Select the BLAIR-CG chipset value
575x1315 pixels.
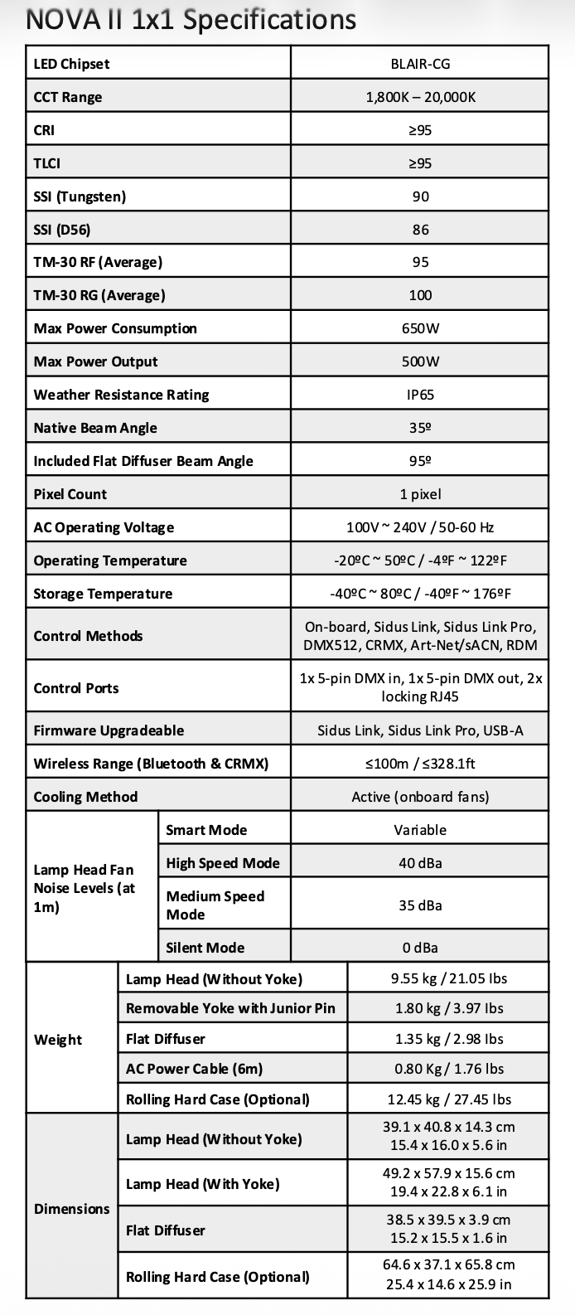click(x=420, y=64)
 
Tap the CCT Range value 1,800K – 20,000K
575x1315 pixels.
click(x=420, y=97)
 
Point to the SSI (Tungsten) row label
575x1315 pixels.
click(x=80, y=197)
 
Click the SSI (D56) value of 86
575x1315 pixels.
click(x=420, y=230)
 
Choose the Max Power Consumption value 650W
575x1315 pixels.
click(x=420, y=328)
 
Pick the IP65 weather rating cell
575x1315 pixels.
click(x=420, y=395)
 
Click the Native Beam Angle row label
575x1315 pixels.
click(x=95, y=428)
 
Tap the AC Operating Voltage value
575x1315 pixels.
click(x=420, y=527)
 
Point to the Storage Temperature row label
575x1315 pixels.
click(x=103, y=594)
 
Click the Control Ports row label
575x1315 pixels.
click(x=76, y=688)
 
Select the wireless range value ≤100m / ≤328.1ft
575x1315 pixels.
click(x=420, y=764)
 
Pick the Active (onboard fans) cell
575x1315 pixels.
click(x=420, y=797)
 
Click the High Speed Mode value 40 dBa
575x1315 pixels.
click(x=420, y=863)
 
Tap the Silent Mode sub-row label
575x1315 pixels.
click(x=205, y=948)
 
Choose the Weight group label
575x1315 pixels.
click(x=58, y=1040)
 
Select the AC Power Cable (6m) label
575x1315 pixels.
click(x=194, y=1069)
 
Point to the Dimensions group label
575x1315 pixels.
click(x=72, y=1209)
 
